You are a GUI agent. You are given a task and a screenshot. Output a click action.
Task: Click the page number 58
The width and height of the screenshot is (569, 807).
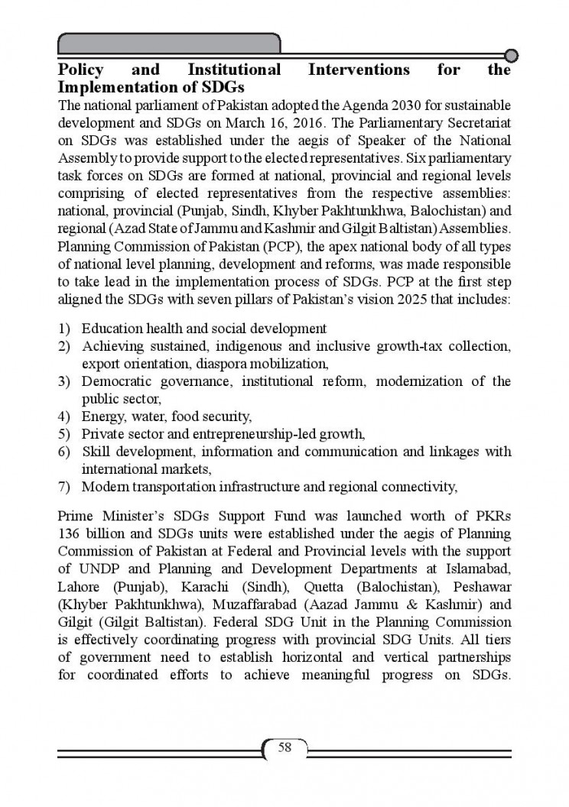pos(284,747)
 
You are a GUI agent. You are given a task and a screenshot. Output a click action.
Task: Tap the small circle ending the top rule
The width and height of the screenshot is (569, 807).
pos(512,55)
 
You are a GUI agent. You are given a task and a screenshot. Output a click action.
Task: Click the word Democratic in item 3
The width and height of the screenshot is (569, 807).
pos(117,381)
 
